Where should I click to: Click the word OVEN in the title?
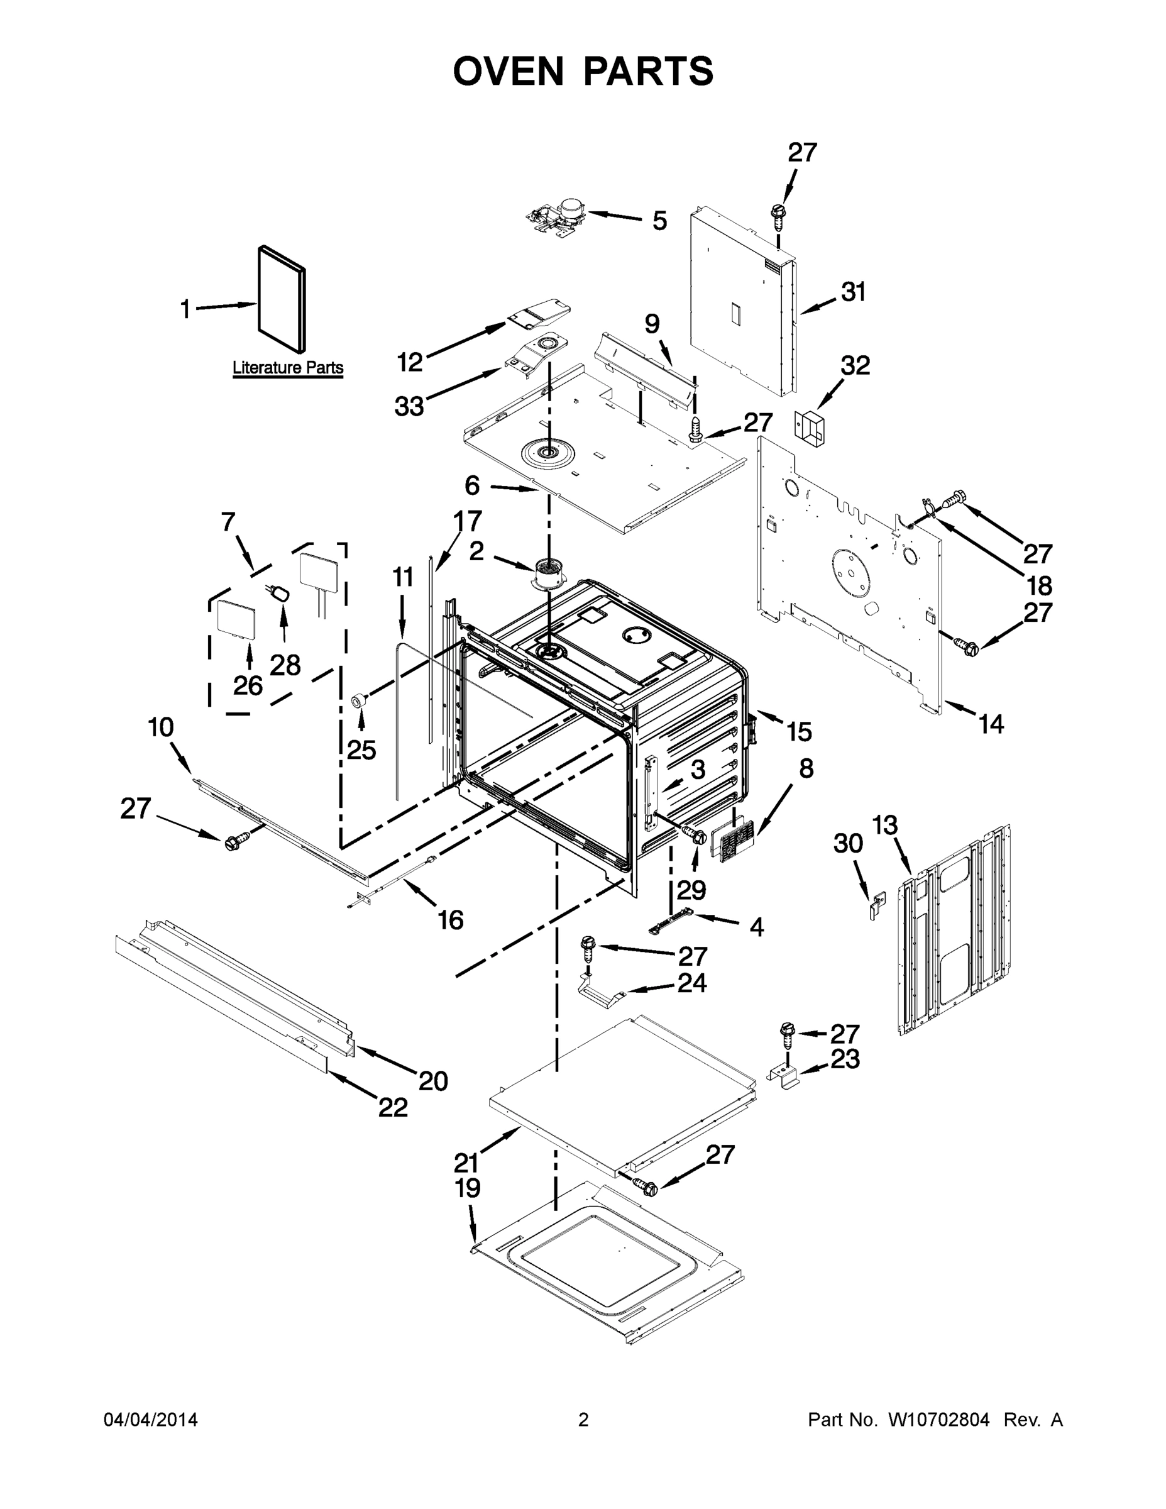[509, 71]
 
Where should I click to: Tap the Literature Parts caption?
[287, 368]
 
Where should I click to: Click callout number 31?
[853, 292]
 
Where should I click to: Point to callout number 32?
[854, 365]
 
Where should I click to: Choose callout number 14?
[991, 724]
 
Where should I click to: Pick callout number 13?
[884, 825]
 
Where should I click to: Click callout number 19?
[468, 1188]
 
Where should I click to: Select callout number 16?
[451, 920]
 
